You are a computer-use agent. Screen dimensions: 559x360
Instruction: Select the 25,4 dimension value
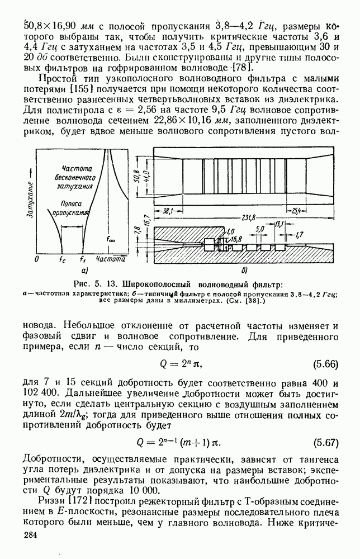(297, 211)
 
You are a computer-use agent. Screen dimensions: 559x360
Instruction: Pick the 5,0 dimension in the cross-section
(259, 229)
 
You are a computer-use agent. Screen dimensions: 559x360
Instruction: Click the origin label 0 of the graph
(37, 260)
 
